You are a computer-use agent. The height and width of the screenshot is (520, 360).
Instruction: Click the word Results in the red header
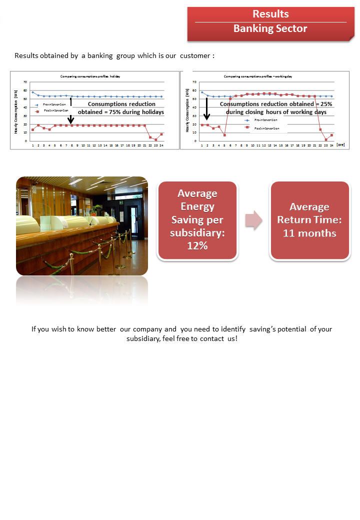[x=270, y=14]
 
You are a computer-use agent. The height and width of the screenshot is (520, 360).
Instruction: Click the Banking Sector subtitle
[x=270, y=28]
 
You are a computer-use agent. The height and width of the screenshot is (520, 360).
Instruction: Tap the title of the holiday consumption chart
[x=90, y=76]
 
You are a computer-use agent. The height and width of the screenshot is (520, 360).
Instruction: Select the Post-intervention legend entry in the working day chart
[x=266, y=128]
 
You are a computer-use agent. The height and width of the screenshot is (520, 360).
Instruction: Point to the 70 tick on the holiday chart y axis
[x=25, y=81]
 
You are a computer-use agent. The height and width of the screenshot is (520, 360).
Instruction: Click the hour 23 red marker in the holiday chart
[x=156, y=139]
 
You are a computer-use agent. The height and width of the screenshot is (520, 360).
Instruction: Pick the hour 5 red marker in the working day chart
[x=224, y=135]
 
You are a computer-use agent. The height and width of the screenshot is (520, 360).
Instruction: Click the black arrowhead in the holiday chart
[x=71, y=120]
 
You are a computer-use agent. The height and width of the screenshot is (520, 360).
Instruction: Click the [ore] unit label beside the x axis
[x=340, y=144]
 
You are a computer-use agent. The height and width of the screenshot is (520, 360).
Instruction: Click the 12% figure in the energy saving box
[x=197, y=246]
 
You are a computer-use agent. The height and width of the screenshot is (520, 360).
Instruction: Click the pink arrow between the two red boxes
[x=254, y=220]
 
